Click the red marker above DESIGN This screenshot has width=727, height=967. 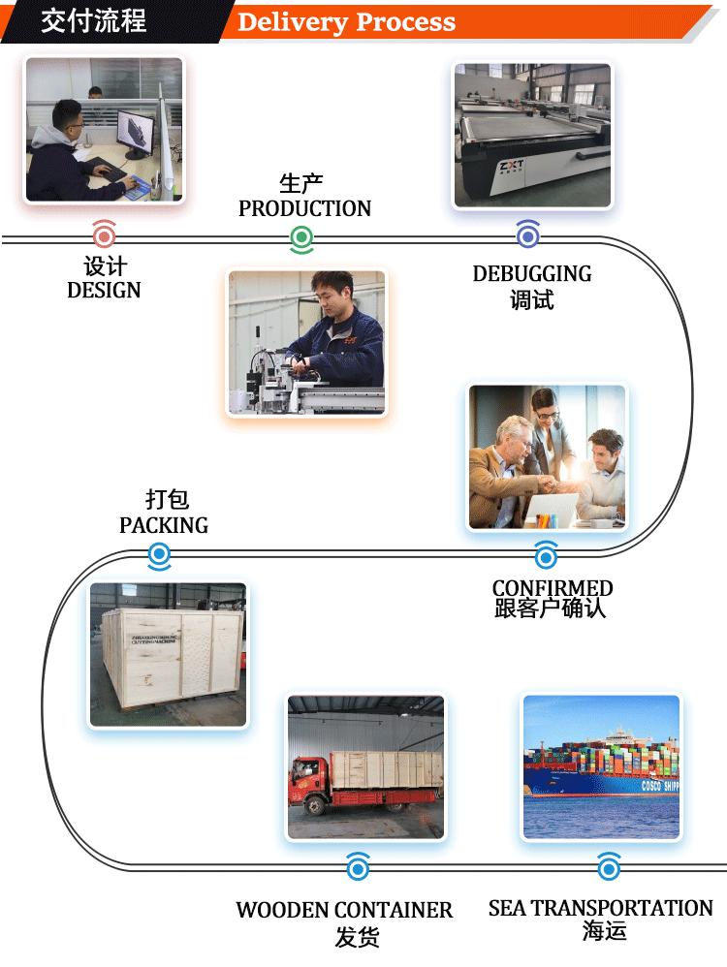tap(104, 236)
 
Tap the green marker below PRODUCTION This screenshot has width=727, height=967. tap(301, 237)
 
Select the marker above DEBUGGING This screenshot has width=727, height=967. tap(528, 234)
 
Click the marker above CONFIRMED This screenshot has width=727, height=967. tap(546, 556)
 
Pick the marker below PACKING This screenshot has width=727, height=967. tap(160, 556)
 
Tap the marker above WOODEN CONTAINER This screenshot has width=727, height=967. tap(358, 866)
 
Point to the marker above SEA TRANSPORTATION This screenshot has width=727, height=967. tap(608, 866)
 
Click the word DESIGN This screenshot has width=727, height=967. tap(104, 290)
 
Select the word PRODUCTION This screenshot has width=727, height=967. tap(304, 208)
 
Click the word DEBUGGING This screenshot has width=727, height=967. tap(531, 273)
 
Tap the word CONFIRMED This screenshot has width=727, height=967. tap(553, 588)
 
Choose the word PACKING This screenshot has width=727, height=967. tap(164, 525)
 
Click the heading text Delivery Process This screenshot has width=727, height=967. tap(346, 22)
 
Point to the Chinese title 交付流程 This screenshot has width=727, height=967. tap(93, 21)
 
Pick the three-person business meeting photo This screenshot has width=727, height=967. tap(547, 457)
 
